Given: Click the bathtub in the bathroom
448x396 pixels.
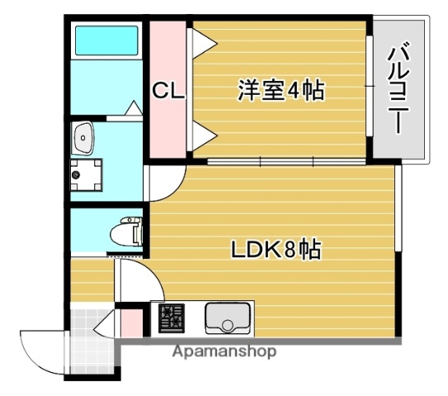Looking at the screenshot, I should click(106, 40).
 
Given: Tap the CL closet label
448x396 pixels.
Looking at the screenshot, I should click(168, 91).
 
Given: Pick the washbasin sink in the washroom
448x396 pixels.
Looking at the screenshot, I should click(83, 139).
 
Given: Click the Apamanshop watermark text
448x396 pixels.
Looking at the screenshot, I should click(224, 351).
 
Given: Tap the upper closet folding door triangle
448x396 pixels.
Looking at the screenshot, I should click(201, 41).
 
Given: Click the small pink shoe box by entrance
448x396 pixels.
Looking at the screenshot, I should click(130, 323).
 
